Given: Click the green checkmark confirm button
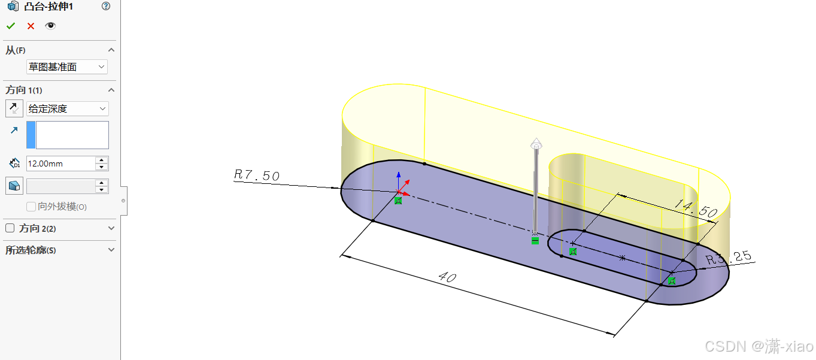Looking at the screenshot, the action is click(11, 26).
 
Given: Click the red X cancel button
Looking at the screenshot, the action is click(31, 26).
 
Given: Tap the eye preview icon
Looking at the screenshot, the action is click(50, 26).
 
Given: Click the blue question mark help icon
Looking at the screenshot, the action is click(106, 6).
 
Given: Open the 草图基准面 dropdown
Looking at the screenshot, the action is click(67, 67).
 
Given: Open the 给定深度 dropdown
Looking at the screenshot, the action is click(68, 108).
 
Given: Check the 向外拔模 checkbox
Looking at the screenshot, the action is click(31, 207).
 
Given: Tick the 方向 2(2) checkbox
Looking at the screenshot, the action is click(10, 228).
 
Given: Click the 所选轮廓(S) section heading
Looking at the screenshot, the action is click(31, 250).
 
